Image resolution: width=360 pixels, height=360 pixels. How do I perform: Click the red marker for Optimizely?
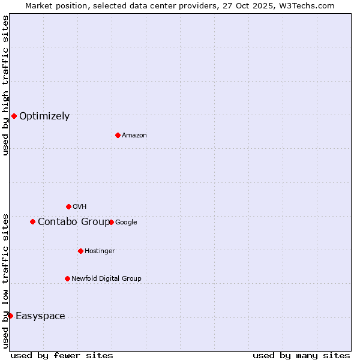pyautogui.click(x=14, y=116)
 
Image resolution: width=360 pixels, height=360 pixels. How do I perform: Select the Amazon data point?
pyautogui.click(x=118, y=135)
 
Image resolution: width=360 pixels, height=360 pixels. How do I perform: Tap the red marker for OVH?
pyautogui.click(x=68, y=206)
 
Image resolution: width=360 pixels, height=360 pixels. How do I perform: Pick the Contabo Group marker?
pyautogui.click(x=32, y=221)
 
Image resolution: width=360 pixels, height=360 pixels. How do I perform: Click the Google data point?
pyautogui.click(x=111, y=222)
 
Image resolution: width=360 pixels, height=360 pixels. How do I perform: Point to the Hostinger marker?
pyautogui.click(x=80, y=251)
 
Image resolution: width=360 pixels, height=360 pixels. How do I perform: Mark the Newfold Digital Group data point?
pyautogui.click(x=67, y=278)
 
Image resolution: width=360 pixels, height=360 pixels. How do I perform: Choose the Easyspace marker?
pyautogui.click(x=10, y=316)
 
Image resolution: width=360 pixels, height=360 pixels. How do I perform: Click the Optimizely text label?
pyautogui.click(x=44, y=116)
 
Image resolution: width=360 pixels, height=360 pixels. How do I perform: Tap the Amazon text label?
pyautogui.click(x=134, y=136)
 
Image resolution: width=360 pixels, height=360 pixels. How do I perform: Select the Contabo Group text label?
pyautogui.click(x=74, y=222)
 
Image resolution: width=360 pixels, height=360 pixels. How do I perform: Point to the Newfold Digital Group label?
pyautogui.click(x=106, y=278)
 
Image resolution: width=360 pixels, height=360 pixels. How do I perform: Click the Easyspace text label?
pyautogui.click(x=40, y=316)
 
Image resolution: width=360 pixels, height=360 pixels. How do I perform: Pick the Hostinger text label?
pyautogui.click(x=100, y=251)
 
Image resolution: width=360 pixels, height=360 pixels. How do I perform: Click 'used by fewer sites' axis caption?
pyautogui.click(x=62, y=355)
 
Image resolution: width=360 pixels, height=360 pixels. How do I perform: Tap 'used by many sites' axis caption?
pyautogui.click(x=301, y=355)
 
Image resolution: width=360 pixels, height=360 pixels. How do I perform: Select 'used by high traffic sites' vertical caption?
pyautogui.click(x=5, y=85)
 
